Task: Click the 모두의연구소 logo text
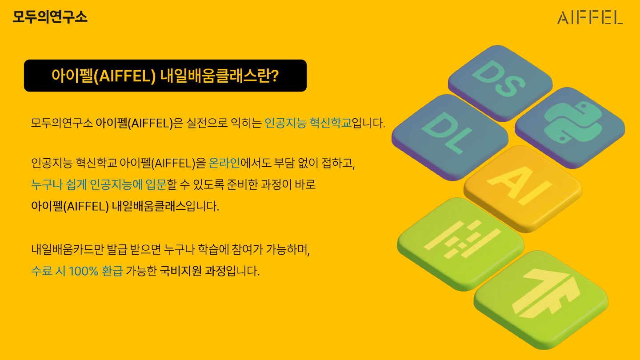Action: click(50, 17)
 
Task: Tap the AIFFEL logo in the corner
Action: click(590, 17)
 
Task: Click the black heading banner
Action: click(165, 76)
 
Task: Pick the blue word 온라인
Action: click(224, 163)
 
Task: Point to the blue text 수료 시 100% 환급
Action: click(77, 271)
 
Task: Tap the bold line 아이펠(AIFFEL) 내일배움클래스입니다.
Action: click(125, 207)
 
